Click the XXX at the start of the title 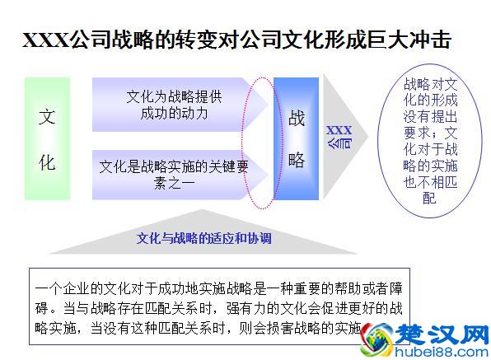tap(45, 40)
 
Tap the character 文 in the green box tap(47, 116)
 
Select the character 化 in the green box tap(47, 162)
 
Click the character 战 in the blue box tap(297, 118)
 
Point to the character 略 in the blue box tap(297, 159)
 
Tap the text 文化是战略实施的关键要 tap(173, 166)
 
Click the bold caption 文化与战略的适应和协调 tap(203, 239)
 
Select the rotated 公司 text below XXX tap(342, 142)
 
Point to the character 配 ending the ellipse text tap(428, 198)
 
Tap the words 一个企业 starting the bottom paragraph tap(66, 289)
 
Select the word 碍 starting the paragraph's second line tap(42, 310)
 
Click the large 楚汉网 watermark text tap(442, 332)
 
